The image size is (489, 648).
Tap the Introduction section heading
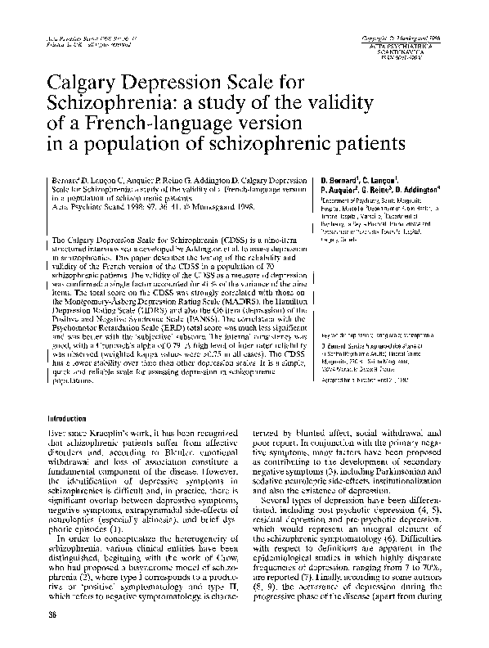coord(73,418)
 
